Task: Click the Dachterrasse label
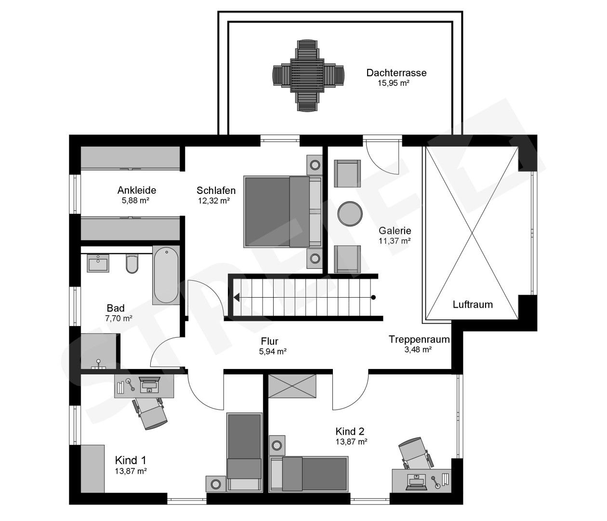click(x=396, y=73)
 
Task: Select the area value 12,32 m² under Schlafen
click(x=213, y=201)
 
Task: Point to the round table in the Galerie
click(x=350, y=213)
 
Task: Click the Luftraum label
click(x=473, y=304)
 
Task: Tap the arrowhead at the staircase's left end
click(x=237, y=297)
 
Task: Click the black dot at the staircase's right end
click(x=373, y=297)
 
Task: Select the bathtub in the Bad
click(x=165, y=275)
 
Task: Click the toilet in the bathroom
click(x=132, y=263)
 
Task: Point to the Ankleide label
click(x=136, y=190)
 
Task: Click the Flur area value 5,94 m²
click(x=273, y=351)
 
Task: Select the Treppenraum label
click(x=419, y=339)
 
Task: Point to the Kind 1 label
click(x=130, y=460)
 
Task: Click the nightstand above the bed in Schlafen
click(x=315, y=165)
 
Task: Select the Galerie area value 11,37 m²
click(x=394, y=240)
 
